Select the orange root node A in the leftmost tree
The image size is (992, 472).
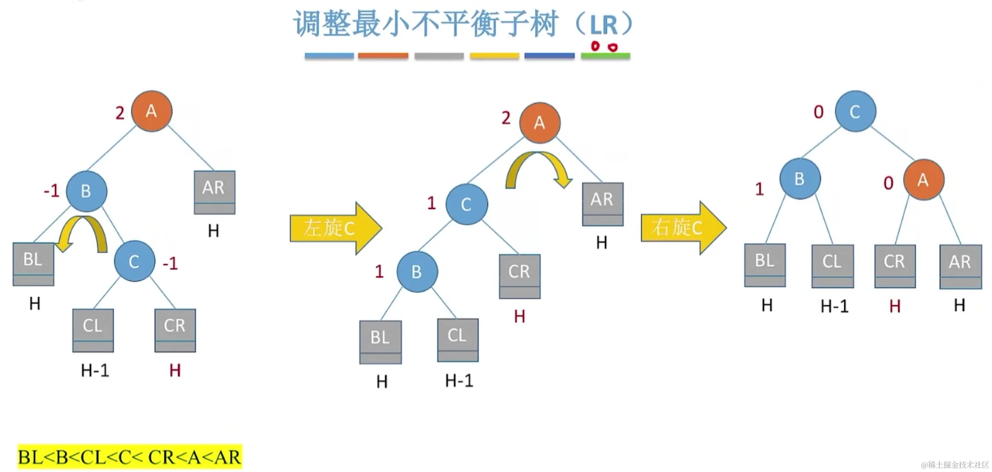[152, 111]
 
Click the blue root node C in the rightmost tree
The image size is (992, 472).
[855, 111]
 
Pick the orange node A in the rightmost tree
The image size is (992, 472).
[924, 180]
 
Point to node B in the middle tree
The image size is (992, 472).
[417, 272]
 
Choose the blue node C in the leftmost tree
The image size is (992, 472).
[135, 261]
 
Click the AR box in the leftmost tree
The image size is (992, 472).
[214, 192]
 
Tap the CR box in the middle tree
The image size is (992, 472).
[520, 276]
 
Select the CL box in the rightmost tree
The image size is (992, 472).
[833, 266]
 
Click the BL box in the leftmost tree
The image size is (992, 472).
[33, 264]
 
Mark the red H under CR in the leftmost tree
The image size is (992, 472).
[175, 370]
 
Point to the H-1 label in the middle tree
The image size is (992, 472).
[459, 381]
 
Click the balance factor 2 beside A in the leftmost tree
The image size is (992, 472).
[120, 113]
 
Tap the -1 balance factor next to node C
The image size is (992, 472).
[170, 263]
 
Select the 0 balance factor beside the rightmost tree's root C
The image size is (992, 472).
[819, 112]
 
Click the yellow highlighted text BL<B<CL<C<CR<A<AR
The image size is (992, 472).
[130, 457]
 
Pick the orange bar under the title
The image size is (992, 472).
[383, 56]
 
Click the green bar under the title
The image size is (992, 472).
[605, 56]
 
